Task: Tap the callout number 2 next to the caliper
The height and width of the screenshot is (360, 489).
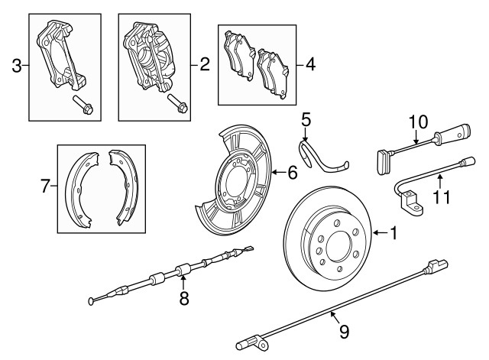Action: pos(204,65)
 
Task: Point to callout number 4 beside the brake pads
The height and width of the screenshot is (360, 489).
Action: pos(309,65)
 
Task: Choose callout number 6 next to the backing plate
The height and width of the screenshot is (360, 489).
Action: pos(292,174)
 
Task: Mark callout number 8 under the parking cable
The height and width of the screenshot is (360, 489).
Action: pos(184,299)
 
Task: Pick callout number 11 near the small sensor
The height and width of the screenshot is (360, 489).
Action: pos(440,196)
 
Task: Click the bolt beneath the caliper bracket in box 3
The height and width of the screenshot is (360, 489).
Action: pos(82,105)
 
